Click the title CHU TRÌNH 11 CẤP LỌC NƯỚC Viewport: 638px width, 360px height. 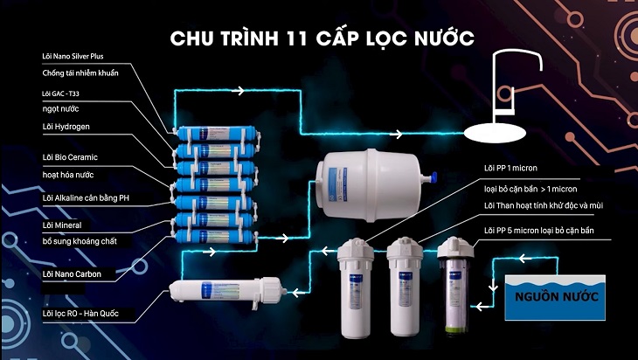[x=322, y=38]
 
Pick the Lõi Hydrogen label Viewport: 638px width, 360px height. [x=66, y=127]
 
